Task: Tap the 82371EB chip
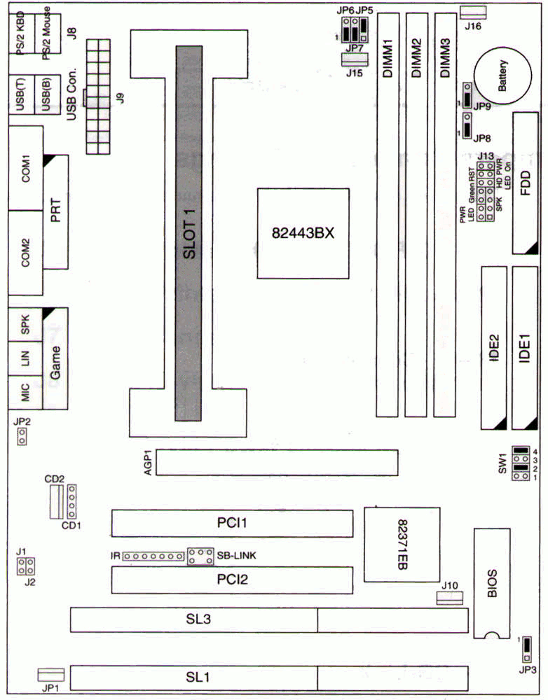coord(402,544)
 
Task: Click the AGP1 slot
coord(276,463)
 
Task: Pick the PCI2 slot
coord(232,580)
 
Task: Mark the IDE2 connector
coord(494,348)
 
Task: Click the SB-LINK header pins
coord(200,556)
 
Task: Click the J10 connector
coord(449,598)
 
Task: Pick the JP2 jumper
coord(22,438)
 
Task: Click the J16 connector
coord(474,11)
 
